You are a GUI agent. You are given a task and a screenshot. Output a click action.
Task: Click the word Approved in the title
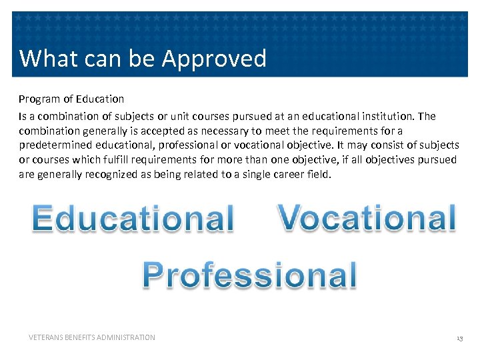(214, 59)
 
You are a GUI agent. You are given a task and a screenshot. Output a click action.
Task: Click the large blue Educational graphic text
(133, 219)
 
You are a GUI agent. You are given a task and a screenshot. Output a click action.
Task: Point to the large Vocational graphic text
(367, 217)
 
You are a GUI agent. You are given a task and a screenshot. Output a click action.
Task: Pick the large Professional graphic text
(250, 275)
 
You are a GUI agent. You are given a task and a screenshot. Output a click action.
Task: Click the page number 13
(459, 338)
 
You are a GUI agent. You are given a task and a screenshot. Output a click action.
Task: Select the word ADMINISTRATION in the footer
(126, 337)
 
